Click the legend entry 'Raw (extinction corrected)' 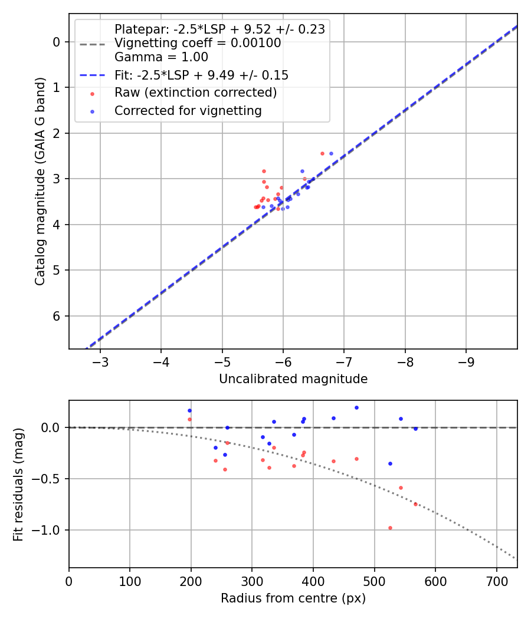tap(195, 93)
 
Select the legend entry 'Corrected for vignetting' tap(188, 111)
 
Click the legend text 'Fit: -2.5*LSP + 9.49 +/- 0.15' tap(201, 75)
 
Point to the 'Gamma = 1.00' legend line tap(161, 57)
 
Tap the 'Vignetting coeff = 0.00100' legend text tap(198, 43)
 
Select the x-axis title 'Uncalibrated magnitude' tap(293, 379)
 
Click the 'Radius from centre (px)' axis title tap(293, 598)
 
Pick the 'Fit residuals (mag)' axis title tap(18, 484)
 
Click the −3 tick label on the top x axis tap(100, 360)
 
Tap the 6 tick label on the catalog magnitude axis tap(57, 317)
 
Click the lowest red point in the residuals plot tap(390, 528)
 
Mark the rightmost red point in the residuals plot tap(415, 504)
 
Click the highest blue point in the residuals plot tap(356, 407)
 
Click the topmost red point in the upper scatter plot tap(322, 153)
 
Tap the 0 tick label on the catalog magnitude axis tap(57, 42)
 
